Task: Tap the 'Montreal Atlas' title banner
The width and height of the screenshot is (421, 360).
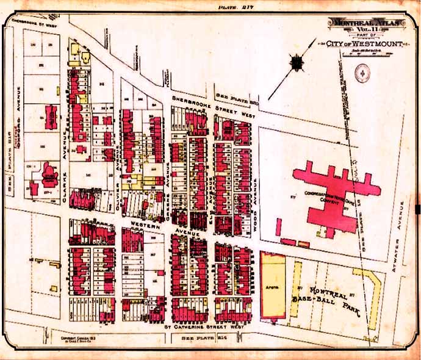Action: tap(367, 23)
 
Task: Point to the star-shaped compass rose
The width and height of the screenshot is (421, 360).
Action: tap(297, 63)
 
